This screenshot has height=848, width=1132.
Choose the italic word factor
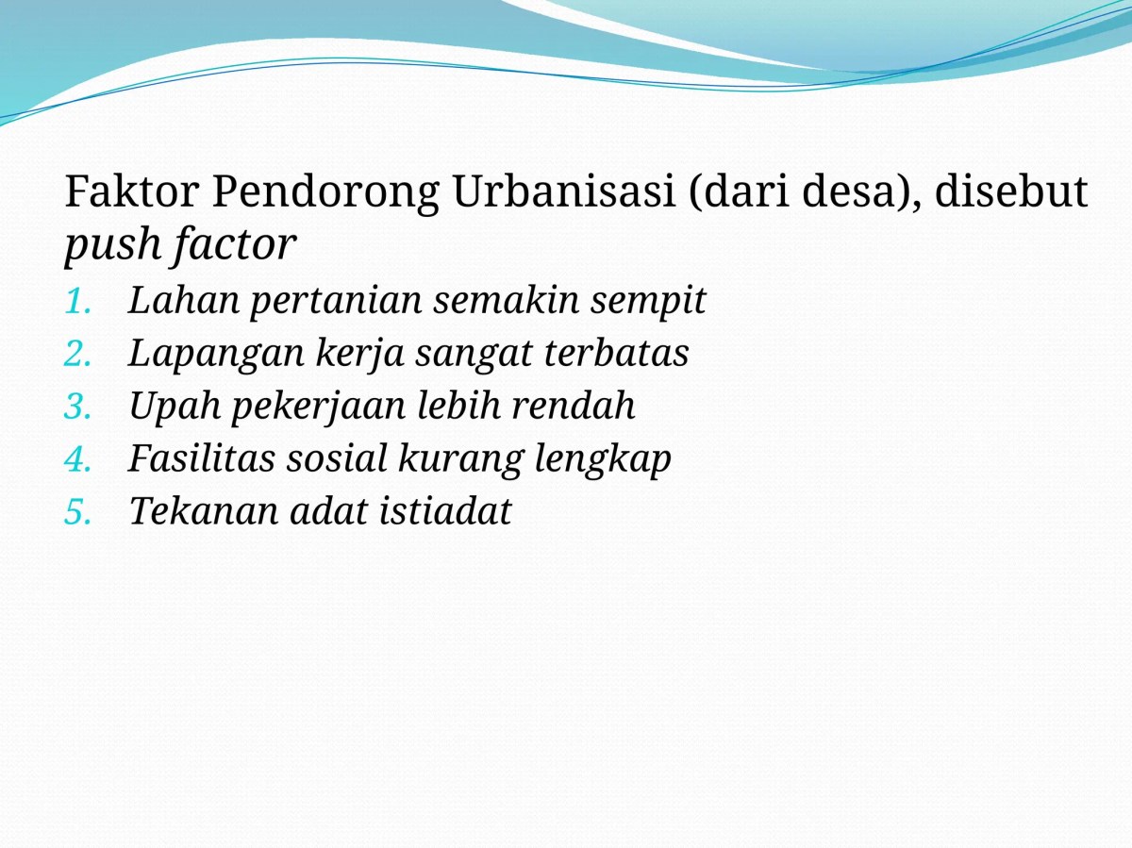coord(235,245)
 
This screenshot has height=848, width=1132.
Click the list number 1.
coord(78,302)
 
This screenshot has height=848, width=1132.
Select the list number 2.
coord(78,355)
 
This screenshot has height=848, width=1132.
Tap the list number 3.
coord(78,407)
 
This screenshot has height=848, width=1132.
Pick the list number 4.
coord(78,459)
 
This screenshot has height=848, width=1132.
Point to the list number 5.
coord(78,512)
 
